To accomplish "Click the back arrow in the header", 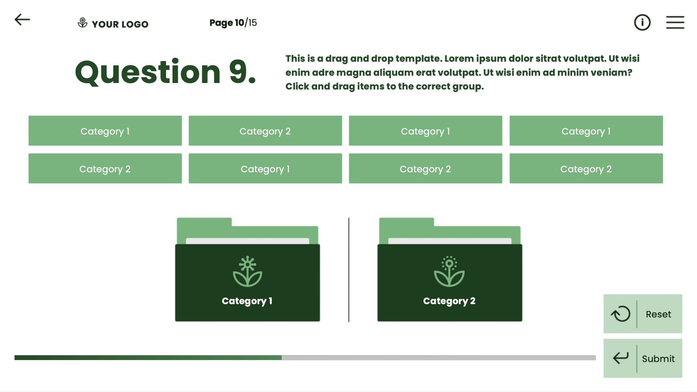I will pyautogui.click(x=22, y=20).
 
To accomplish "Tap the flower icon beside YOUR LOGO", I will pyautogui.click(x=82, y=23).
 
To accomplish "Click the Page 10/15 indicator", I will pyautogui.click(x=233, y=23).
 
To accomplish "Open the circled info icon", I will pyautogui.click(x=642, y=22).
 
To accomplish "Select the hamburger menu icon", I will pyautogui.click(x=675, y=22).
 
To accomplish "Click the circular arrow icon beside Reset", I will pyautogui.click(x=620, y=314).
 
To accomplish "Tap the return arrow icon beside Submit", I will pyautogui.click(x=620, y=358).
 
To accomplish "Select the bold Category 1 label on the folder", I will pyautogui.click(x=247, y=301).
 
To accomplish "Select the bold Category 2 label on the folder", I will pyautogui.click(x=449, y=301).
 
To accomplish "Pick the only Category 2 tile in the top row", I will pyautogui.click(x=265, y=131).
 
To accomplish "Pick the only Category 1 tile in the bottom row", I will pyautogui.click(x=265, y=169).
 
